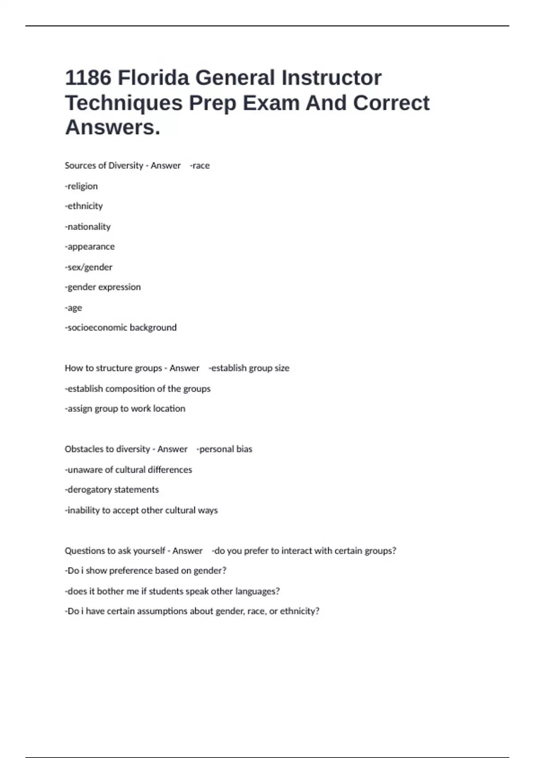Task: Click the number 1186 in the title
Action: (x=88, y=78)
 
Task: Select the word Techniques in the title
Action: (x=124, y=103)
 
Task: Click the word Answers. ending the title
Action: (x=112, y=128)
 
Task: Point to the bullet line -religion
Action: (x=81, y=186)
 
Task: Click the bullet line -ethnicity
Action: (x=84, y=206)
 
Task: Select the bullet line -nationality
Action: (x=88, y=227)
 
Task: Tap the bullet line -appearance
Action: (x=90, y=247)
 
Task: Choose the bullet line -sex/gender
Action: (x=89, y=267)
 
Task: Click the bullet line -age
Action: (x=74, y=308)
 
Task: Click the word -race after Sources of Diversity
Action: (x=200, y=165)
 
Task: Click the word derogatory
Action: (x=90, y=490)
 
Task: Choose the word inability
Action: (x=83, y=510)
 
